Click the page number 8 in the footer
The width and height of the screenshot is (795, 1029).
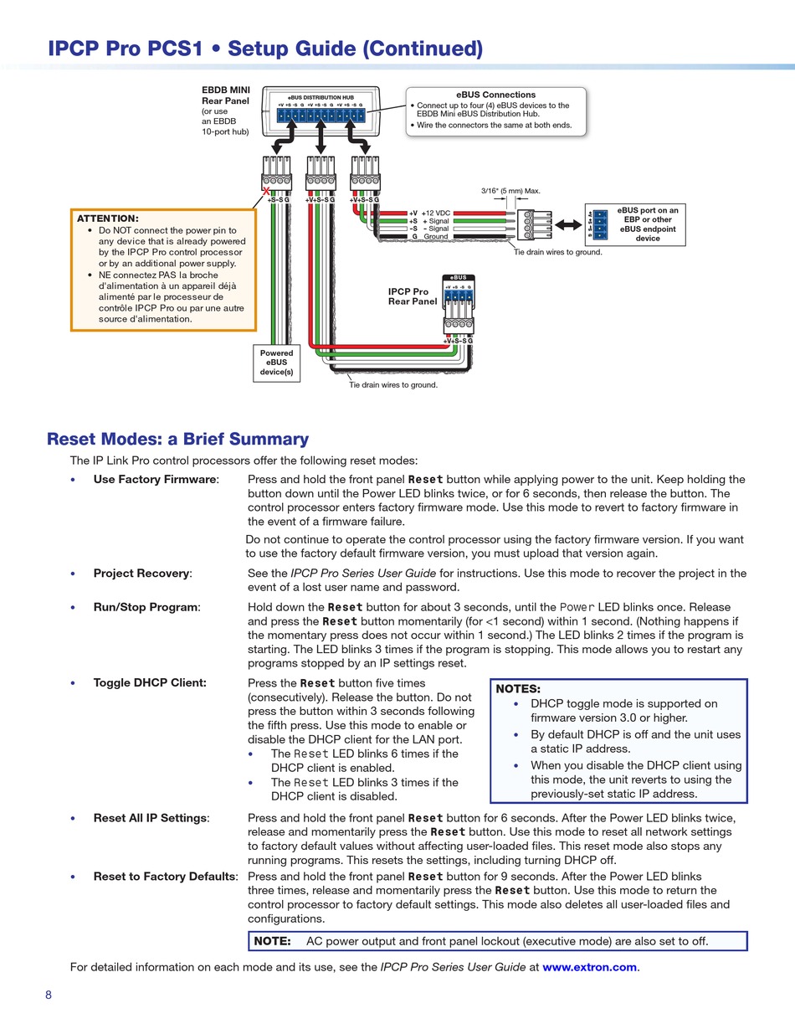(x=49, y=995)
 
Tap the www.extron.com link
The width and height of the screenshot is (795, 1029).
(x=589, y=967)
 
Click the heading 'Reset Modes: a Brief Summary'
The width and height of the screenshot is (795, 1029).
(x=177, y=439)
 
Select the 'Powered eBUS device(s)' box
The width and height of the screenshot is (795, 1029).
(x=276, y=363)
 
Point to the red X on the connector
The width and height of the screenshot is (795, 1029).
(x=266, y=191)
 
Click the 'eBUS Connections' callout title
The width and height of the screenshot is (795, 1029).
(x=496, y=95)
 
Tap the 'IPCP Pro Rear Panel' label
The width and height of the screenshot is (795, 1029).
(x=412, y=296)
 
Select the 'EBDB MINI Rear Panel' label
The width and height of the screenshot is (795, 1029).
(x=225, y=95)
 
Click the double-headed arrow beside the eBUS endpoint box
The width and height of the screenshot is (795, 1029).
(x=569, y=225)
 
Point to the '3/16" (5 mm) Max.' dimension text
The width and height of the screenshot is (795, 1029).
(x=510, y=191)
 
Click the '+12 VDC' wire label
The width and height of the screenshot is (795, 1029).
(x=436, y=214)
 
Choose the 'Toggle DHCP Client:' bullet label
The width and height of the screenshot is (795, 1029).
(x=150, y=682)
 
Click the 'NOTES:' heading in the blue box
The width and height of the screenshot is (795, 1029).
(x=518, y=688)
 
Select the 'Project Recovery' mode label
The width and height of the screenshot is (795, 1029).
(x=141, y=574)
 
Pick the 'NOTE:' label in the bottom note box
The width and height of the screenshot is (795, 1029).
(x=272, y=941)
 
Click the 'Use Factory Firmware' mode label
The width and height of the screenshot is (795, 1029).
(x=155, y=480)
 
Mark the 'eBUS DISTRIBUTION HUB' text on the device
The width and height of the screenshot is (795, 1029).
(x=321, y=98)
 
